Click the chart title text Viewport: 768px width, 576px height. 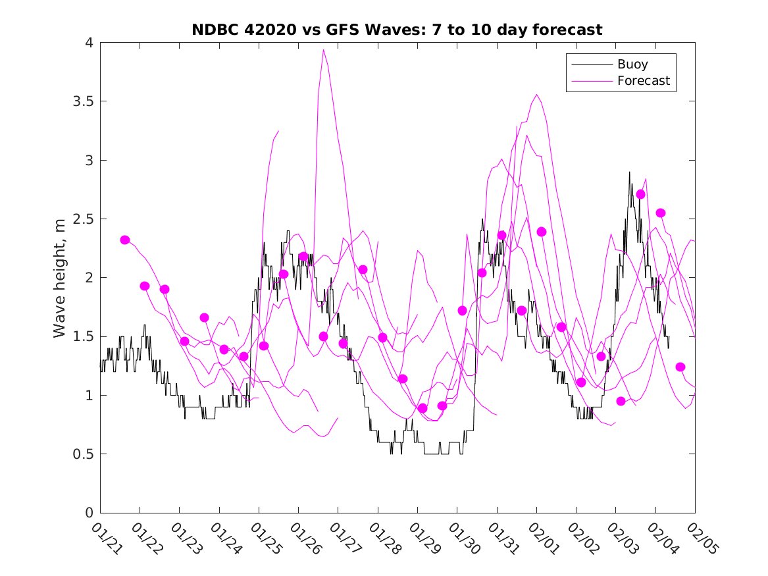(397, 30)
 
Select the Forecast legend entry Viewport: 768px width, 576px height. (643, 81)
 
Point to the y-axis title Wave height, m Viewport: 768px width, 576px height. (60, 277)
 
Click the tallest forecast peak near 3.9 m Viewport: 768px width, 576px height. (324, 49)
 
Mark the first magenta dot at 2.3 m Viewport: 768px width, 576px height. (125, 240)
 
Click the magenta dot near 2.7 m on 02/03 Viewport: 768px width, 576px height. (640, 194)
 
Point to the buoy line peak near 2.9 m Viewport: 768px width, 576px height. (629, 172)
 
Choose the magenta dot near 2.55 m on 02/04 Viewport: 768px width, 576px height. (661, 213)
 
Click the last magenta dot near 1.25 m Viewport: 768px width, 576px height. (680, 367)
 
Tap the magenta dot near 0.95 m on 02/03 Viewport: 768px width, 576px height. (621, 401)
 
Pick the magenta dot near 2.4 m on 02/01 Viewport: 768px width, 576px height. (542, 232)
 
